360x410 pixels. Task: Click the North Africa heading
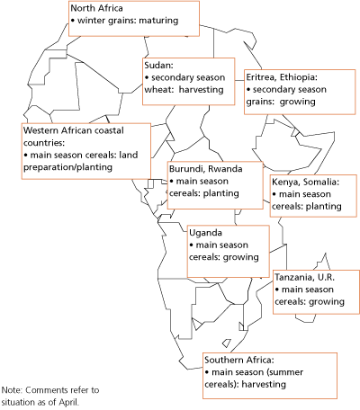point(97,8)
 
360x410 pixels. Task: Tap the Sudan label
point(158,66)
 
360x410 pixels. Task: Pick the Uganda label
point(202,232)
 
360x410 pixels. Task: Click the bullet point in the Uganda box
point(192,245)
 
